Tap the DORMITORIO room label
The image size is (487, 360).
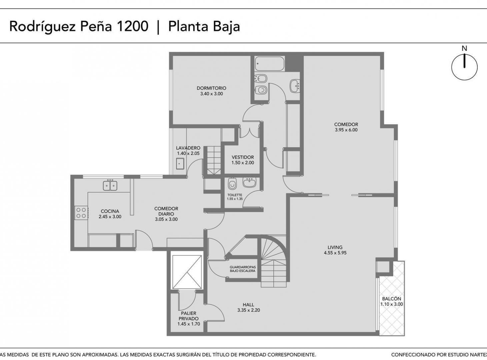tap(211, 88)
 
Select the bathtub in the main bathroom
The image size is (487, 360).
tap(270, 64)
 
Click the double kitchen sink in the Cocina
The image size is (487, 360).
tap(110, 185)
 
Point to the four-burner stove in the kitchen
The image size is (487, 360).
tap(81, 213)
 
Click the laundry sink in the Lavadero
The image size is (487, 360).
tap(180, 164)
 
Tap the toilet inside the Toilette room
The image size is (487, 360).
tap(232, 184)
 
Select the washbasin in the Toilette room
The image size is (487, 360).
tap(249, 182)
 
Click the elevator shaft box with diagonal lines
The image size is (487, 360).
tap(187, 272)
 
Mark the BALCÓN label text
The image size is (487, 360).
tap(391, 299)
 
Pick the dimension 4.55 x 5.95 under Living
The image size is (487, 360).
tap(335, 253)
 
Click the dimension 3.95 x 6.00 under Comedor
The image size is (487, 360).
tap(346, 130)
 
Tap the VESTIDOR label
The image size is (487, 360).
tap(243, 157)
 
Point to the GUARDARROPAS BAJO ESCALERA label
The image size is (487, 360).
tap(242, 269)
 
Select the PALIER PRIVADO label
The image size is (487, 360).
tap(189, 316)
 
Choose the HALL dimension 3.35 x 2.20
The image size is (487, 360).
tap(248, 310)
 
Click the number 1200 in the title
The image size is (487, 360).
tap(132, 26)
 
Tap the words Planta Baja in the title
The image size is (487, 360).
tap(204, 26)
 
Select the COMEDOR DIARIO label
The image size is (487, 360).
tap(166, 211)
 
